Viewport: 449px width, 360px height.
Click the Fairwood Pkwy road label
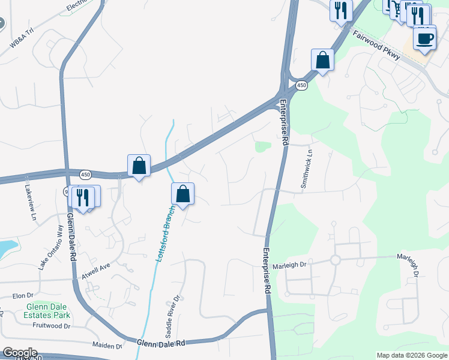tap(376, 45)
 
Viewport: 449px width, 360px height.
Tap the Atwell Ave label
tap(96, 272)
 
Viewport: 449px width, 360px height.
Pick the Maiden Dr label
tap(107, 346)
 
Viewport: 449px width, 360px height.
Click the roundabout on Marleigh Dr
tap(335, 260)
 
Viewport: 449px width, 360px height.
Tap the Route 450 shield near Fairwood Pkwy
tap(301, 86)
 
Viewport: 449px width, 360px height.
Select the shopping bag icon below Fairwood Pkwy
tap(322, 60)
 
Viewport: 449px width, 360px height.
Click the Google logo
tap(19, 353)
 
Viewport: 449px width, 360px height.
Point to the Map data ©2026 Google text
tap(412, 355)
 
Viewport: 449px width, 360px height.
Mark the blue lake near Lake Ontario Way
tap(7, 247)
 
